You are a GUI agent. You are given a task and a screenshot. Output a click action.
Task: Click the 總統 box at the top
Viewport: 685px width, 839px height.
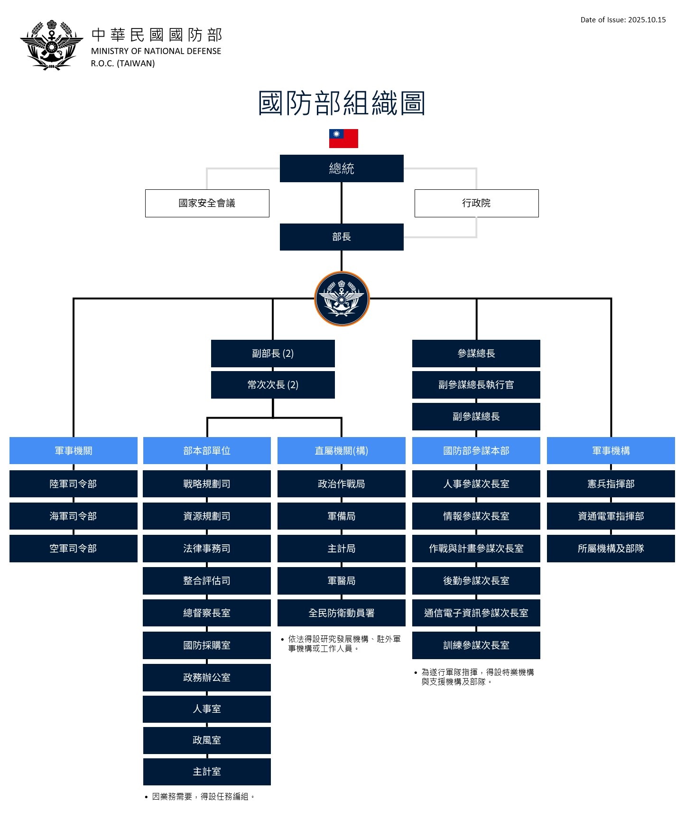pos(342,168)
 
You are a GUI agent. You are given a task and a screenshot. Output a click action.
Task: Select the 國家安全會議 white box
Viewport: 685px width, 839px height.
pos(207,203)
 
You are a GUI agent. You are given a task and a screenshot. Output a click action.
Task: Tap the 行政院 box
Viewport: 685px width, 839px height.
pos(476,203)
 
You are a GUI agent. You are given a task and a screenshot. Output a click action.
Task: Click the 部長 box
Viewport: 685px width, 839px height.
pos(342,237)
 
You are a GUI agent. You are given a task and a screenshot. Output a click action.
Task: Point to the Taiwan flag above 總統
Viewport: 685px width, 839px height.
pos(343,139)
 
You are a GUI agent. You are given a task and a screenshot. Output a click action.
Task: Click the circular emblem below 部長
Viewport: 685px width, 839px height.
pos(342,299)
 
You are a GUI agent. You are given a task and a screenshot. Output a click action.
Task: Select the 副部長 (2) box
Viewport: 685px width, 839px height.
pos(273,354)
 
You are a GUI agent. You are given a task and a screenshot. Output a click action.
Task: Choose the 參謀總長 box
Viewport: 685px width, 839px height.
pos(476,354)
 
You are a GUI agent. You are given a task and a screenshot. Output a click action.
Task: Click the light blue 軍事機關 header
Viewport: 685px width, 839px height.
pos(74,450)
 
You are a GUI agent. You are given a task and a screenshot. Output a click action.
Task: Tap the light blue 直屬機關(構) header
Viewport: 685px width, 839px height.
pos(342,450)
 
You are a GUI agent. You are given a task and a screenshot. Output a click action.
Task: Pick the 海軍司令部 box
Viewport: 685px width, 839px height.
pos(74,516)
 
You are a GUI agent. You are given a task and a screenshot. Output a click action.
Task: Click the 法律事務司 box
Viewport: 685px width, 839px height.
pos(207,548)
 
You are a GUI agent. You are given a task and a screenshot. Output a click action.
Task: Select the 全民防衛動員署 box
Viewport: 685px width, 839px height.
pos(342,613)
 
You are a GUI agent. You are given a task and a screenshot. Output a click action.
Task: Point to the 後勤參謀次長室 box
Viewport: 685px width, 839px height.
pos(476,580)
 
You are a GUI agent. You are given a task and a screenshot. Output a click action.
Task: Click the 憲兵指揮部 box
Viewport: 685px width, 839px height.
pos(611,484)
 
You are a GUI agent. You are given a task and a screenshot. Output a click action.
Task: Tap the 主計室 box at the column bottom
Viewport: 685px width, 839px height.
pos(207,771)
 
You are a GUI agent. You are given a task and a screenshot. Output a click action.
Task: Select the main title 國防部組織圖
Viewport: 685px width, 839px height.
pos(342,103)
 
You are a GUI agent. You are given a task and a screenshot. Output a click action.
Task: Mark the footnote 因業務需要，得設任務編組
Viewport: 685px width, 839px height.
pos(203,796)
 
